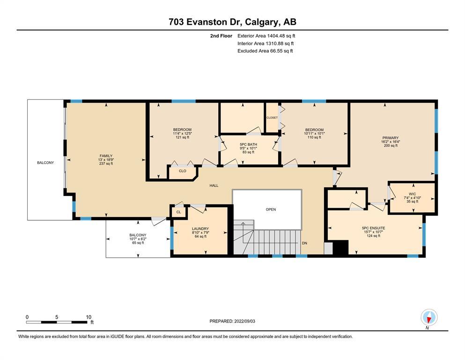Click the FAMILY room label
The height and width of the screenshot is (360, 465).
(x=106, y=156)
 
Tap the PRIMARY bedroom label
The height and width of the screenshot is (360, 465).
(x=390, y=138)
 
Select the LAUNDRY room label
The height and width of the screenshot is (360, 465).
(x=200, y=229)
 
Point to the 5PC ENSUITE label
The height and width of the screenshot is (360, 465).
(x=373, y=228)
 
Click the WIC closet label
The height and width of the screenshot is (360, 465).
(x=412, y=194)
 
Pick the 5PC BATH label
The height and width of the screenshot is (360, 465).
(x=248, y=144)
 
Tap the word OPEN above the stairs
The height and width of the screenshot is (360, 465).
(x=271, y=209)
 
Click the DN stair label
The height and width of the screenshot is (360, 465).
(x=304, y=243)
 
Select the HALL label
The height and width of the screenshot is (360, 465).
(x=214, y=186)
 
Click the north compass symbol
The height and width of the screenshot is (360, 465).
(x=429, y=317)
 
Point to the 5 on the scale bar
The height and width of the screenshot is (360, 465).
(x=57, y=317)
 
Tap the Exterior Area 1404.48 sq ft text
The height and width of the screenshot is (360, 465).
(x=266, y=36)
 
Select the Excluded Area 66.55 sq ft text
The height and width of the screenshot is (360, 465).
(x=265, y=51)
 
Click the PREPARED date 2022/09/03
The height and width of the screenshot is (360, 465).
(x=244, y=321)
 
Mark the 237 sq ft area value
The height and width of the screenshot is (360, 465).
(x=106, y=164)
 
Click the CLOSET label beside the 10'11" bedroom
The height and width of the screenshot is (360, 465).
(x=272, y=118)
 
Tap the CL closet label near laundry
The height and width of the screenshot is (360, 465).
(x=178, y=212)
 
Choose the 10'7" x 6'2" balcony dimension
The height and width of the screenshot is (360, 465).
(x=138, y=239)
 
